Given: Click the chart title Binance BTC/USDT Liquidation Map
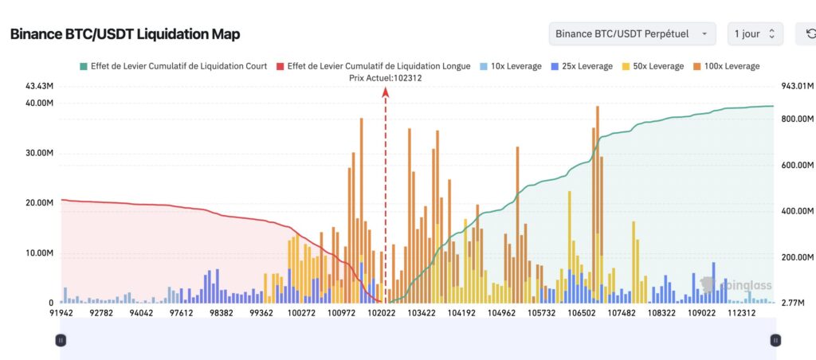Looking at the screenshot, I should [x=125, y=34].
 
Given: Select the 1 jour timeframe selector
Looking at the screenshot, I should [x=755, y=33].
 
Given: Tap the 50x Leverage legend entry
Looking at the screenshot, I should [x=655, y=66].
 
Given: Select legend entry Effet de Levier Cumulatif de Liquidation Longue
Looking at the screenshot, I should [x=373, y=66].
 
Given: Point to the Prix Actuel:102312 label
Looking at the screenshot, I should [x=386, y=78].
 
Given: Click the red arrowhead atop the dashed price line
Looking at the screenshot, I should [x=386, y=92].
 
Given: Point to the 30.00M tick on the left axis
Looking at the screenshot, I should [x=37, y=153].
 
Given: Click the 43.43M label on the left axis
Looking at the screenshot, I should [x=37, y=85].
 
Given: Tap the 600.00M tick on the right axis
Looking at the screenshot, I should [x=797, y=166].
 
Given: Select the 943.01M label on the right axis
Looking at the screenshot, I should [x=797, y=85].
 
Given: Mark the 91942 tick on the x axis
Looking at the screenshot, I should [x=62, y=314].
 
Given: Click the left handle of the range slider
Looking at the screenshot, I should [x=61, y=340].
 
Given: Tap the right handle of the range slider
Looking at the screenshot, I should [x=775, y=340].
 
